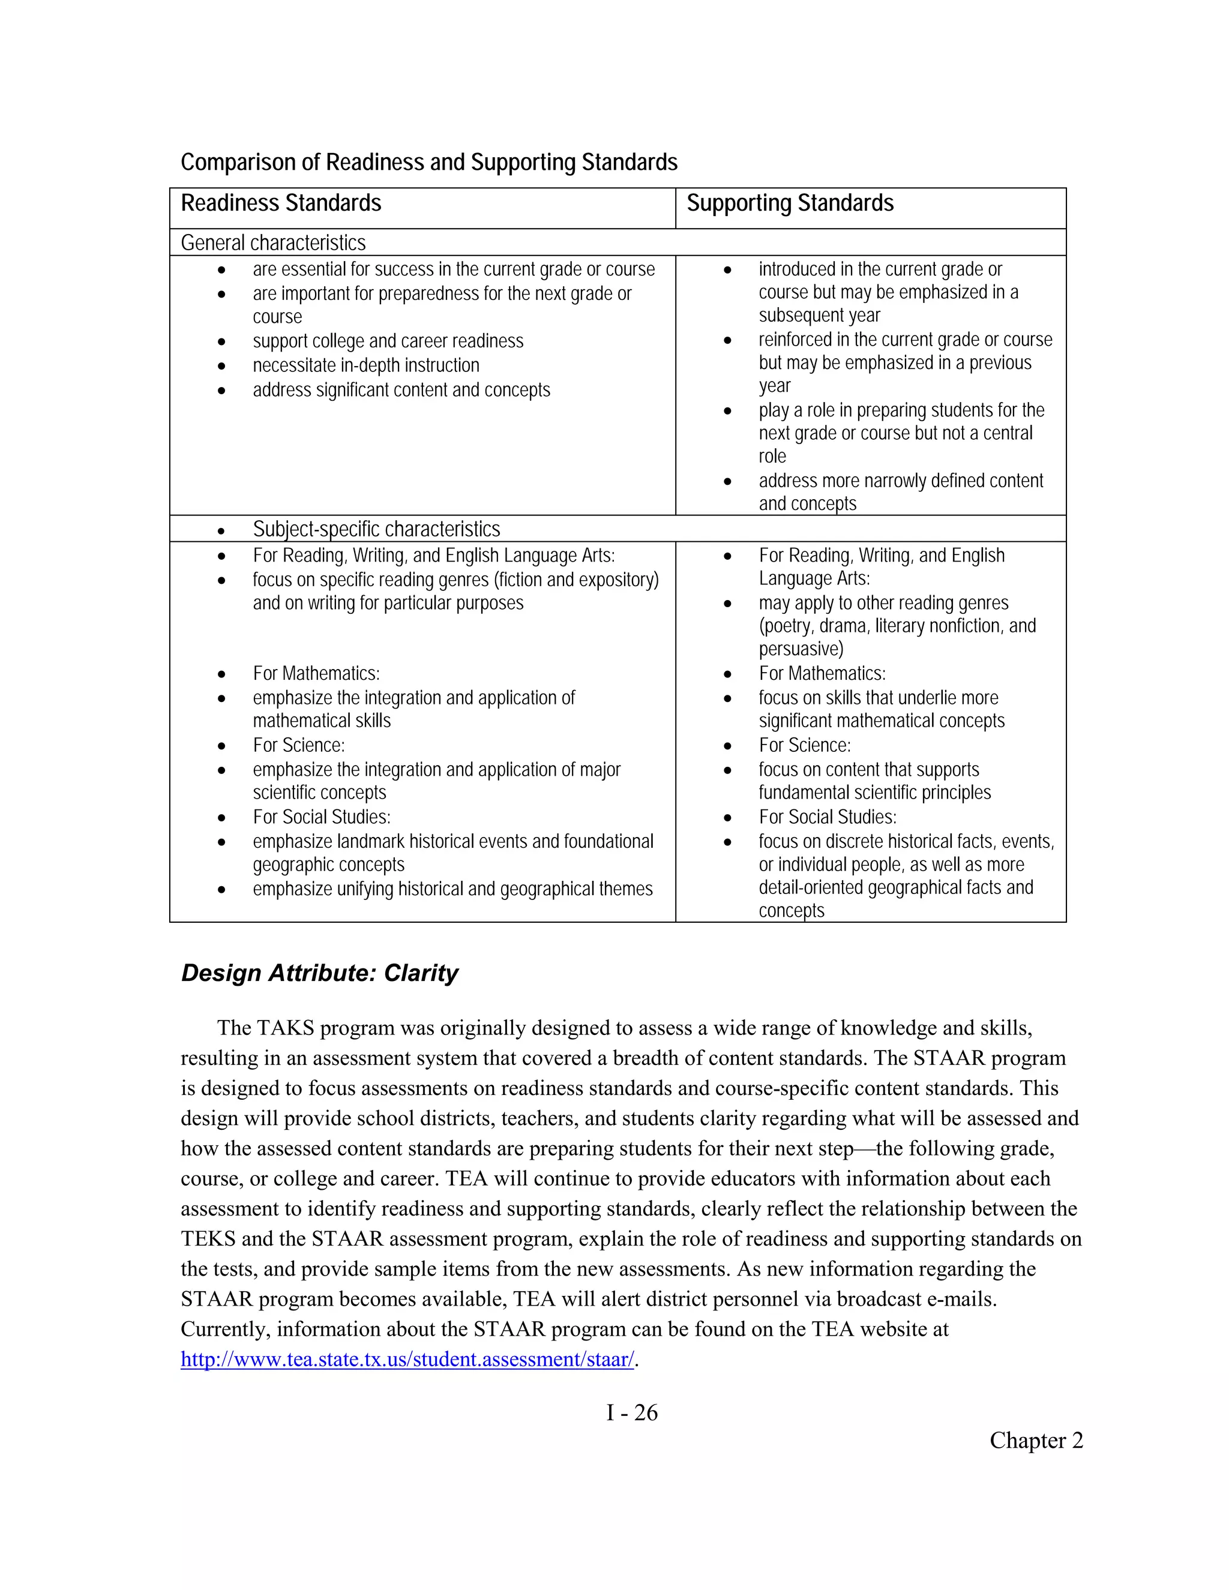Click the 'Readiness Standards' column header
[x=280, y=203]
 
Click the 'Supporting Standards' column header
[x=789, y=203]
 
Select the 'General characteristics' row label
[x=273, y=242]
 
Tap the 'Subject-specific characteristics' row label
[x=376, y=529]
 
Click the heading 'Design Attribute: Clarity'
[x=320, y=973]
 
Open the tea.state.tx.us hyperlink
[x=407, y=1359]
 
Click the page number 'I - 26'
[x=631, y=1413]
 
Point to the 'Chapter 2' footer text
[x=1035, y=1441]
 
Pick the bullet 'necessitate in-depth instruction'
[x=366, y=365]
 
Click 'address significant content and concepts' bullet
[x=401, y=390]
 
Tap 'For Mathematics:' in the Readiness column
[x=316, y=673]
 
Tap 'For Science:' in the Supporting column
[x=805, y=745]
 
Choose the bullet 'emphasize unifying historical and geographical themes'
[x=452, y=890]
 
